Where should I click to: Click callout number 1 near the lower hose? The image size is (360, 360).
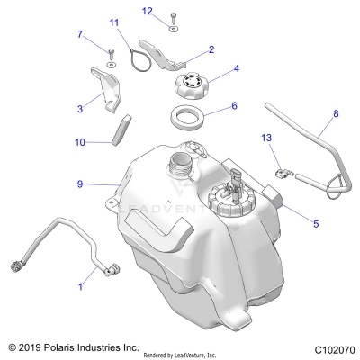click(80, 287)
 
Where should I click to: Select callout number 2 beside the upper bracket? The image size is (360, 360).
click(211, 50)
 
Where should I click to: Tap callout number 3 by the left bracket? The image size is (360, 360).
click(80, 107)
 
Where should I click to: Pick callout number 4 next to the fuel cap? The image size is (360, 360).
click(237, 67)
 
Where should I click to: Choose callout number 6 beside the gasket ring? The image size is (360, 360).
click(235, 105)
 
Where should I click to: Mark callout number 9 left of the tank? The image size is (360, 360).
click(80, 184)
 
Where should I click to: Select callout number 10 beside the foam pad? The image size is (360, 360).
click(80, 141)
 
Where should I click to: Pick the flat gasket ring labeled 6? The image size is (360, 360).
click(190, 117)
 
